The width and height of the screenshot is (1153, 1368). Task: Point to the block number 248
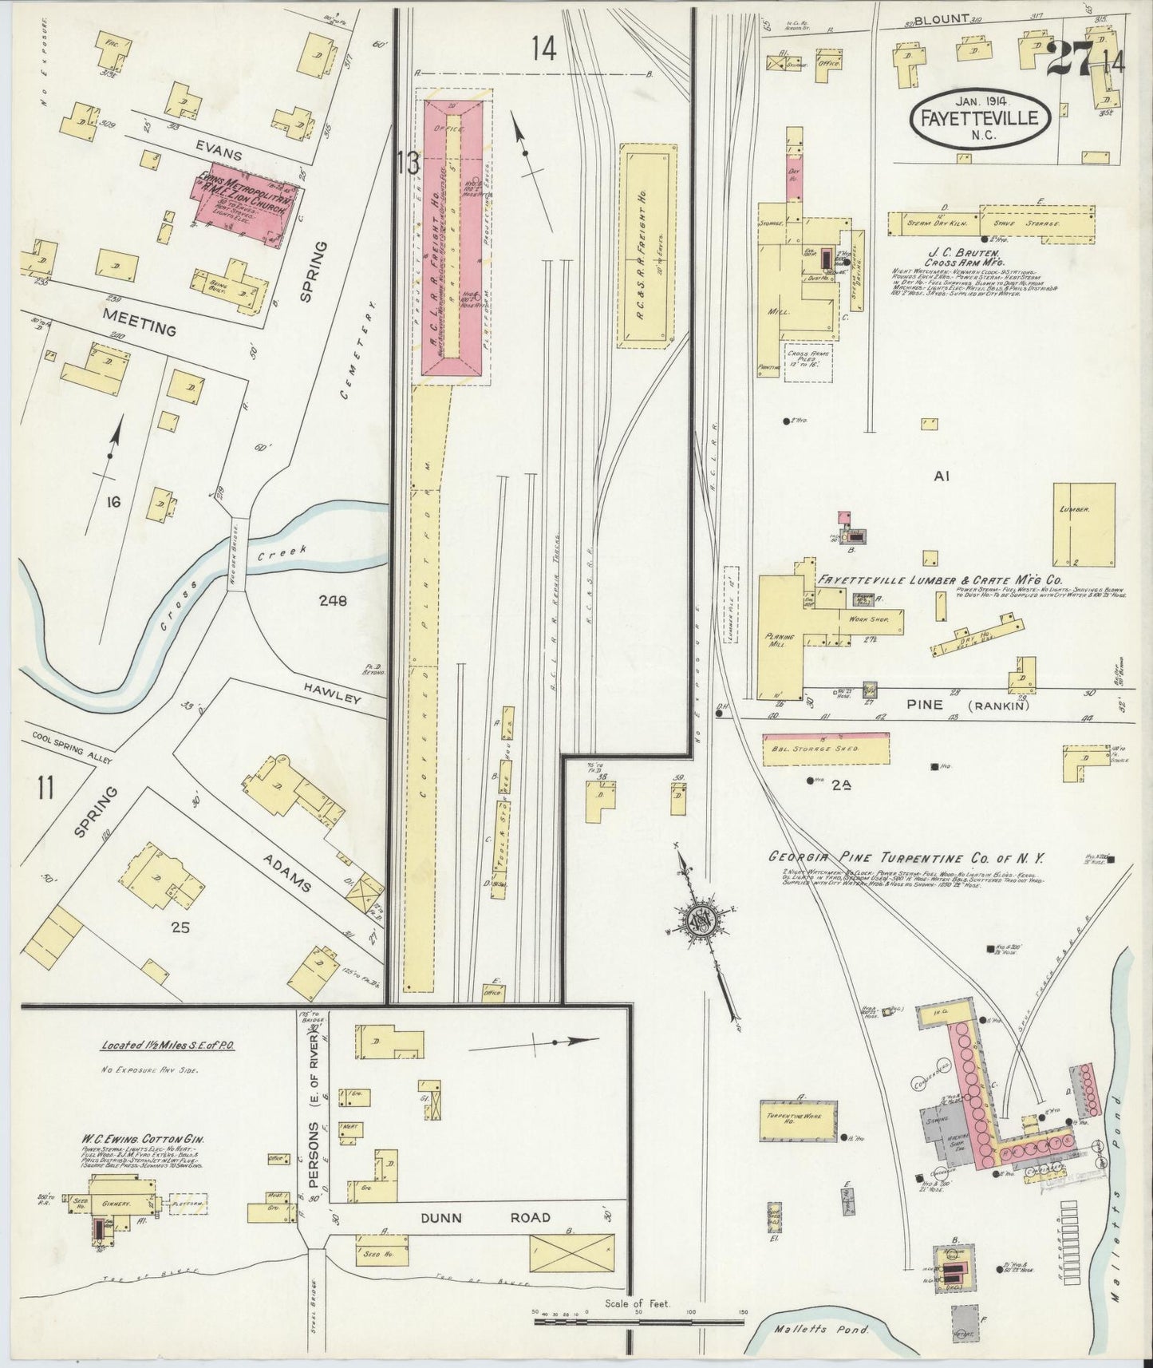tap(332, 601)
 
